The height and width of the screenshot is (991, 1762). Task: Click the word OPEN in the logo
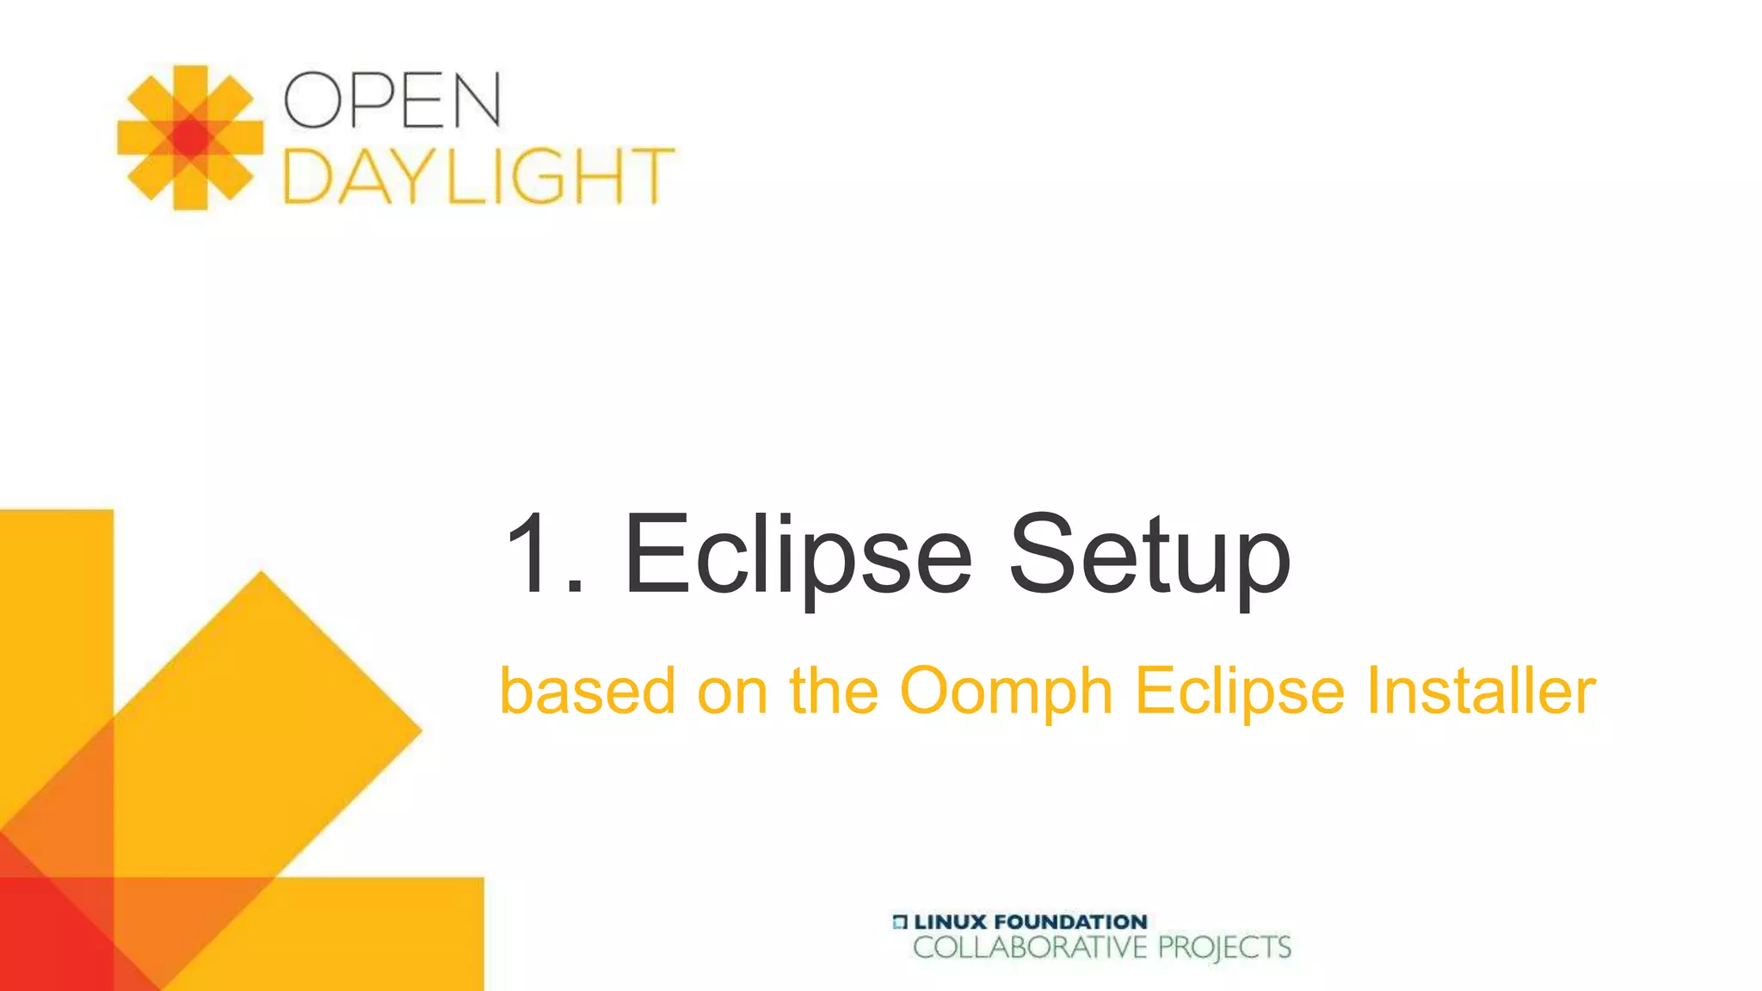[x=392, y=100]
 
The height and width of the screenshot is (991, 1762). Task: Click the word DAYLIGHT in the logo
[x=478, y=176]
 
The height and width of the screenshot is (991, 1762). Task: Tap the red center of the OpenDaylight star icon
[x=190, y=138]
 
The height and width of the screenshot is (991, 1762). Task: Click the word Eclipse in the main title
[x=798, y=555]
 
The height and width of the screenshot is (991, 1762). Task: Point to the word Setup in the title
[x=1149, y=555]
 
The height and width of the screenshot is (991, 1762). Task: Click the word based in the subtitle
[x=588, y=691]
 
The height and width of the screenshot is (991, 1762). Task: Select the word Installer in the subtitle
[x=1481, y=691]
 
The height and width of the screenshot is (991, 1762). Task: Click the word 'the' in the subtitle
[x=834, y=691]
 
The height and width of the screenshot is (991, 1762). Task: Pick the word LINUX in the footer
[x=950, y=922]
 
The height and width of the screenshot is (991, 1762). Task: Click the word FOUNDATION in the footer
[x=1070, y=922]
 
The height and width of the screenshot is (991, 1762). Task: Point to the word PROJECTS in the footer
[x=1224, y=948]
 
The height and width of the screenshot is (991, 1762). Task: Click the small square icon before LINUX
[x=900, y=922]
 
